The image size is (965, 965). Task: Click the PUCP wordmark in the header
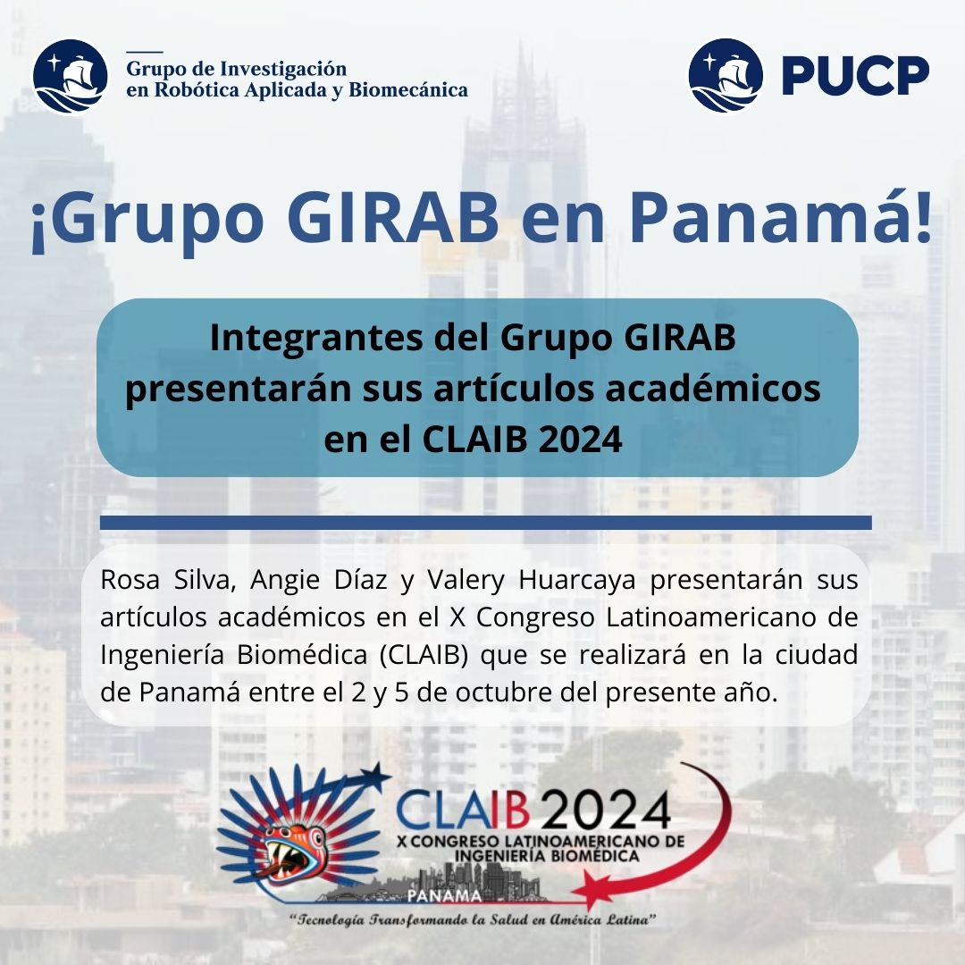pyautogui.click(x=855, y=76)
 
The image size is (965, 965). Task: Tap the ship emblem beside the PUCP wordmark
pyautogui.click(x=726, y=76)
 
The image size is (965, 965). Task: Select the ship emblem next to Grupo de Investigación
pyautogui.click(x=71, y=76)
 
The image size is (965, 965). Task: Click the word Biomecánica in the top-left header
pyautogui.click(x=408, y=90)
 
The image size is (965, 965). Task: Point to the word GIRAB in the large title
pyautogui.click(x=392, y=219)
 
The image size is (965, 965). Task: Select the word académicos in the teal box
pyautogui.click(x=713, y=389)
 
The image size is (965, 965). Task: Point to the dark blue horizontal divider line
pyautogui.click(x=485, y=523)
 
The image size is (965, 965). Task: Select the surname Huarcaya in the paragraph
pyautogui.click(x=577, y=581)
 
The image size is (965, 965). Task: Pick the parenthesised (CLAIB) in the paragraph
pyautogui.click(x=424, y=655)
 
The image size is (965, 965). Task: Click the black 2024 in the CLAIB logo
pyautogui.click(x=607, y=811)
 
